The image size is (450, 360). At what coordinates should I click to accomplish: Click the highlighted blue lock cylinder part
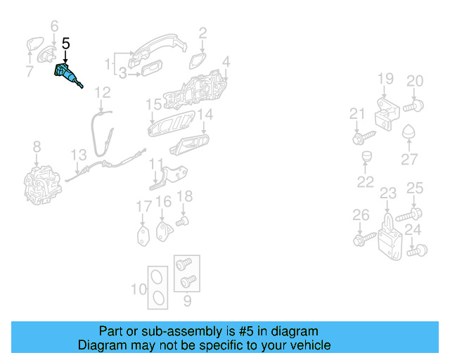coord(67,74)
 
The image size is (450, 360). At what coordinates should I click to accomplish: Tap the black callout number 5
coord(65,44)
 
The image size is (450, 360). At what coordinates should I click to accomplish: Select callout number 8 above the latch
coord(37,147)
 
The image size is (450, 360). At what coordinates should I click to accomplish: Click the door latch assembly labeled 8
coord(42,185)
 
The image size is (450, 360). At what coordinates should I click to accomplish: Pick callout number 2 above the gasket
coord(202,33)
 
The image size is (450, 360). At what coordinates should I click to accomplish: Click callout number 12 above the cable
coord(103,92)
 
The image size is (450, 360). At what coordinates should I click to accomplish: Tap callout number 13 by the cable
coord(79,155)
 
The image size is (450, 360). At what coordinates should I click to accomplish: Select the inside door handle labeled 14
coord(189,144)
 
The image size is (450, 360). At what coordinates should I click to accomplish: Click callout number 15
coord(154,105)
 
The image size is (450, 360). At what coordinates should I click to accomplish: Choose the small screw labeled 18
coord(182,221)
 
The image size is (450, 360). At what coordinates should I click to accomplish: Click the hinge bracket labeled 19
coord(387,114)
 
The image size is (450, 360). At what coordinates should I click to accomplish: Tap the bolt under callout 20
coord(413,106)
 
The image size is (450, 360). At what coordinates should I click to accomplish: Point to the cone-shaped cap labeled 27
coord(409,131)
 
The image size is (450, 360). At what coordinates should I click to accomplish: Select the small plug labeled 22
coord(366,156)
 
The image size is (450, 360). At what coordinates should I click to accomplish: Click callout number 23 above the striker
coord(388,193)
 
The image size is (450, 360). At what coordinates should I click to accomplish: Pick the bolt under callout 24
coord(417,250)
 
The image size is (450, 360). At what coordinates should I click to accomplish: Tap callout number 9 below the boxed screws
coord(187,300)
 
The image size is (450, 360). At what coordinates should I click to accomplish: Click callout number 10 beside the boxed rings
coord(139,289)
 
